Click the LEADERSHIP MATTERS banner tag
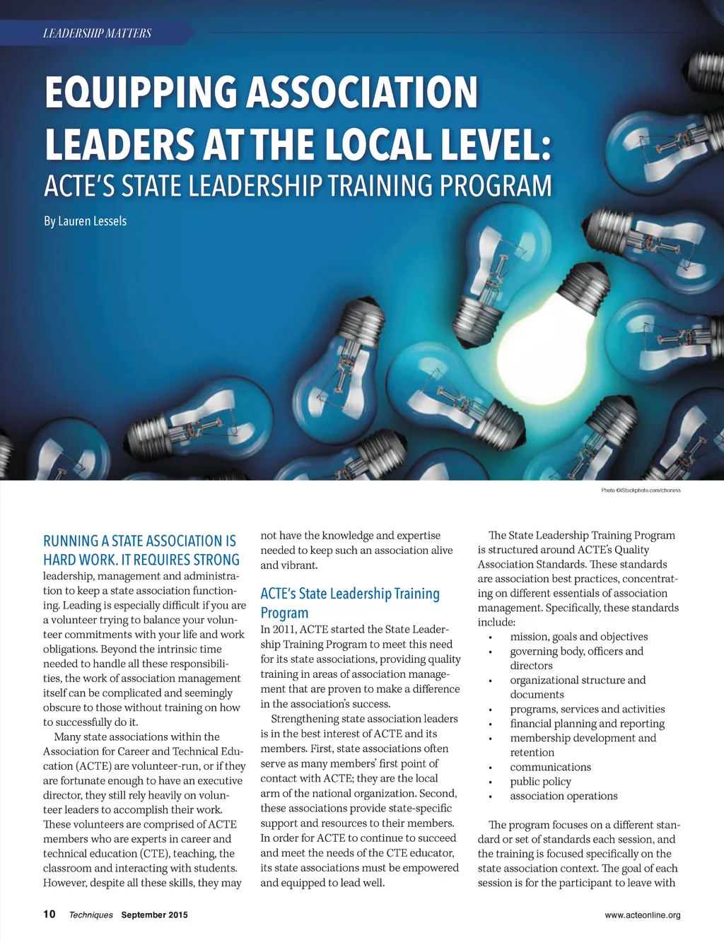97,33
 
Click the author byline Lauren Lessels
85,221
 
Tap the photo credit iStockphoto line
641,490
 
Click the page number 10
49,914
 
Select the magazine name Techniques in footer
90,915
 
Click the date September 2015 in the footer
154,915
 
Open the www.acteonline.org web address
642,915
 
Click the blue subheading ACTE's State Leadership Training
350,594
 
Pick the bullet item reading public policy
540,781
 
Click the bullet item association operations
564,796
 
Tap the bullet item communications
550,767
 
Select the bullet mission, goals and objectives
578,636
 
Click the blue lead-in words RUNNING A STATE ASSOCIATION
139,541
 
